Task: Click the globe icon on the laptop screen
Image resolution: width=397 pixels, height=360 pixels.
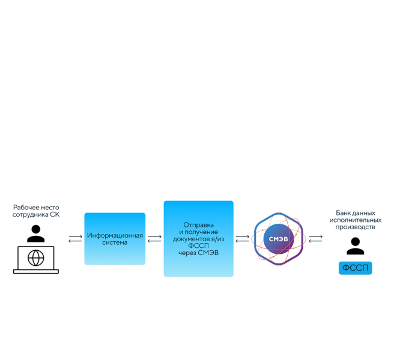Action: tap(36, 258)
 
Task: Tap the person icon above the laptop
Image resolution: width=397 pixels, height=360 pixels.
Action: tap(36, 232)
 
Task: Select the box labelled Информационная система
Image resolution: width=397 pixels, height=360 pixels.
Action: tap(115, 239)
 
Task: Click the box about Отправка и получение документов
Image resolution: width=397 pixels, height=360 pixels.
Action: tap(198, 239)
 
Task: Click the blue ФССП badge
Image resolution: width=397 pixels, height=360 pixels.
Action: tap(355, 268)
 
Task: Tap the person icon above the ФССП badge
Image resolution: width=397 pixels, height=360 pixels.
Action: tap(355, 246)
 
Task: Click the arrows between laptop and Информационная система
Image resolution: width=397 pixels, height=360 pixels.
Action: tap(75, 239)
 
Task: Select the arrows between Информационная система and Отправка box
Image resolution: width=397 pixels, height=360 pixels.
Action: tap(154, 239)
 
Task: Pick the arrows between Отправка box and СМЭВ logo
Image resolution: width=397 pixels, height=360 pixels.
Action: tap(243, 239)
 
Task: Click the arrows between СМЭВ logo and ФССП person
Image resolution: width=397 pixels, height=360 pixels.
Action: tap(315, 239)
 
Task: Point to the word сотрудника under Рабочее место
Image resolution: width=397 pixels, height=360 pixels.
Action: tap(31, 215)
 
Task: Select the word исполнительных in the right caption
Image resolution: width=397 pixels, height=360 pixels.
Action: tap(355, 220)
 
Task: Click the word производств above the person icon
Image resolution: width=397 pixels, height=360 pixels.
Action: tap(355, 228)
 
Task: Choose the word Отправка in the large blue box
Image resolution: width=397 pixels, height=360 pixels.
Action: tap(198, 225)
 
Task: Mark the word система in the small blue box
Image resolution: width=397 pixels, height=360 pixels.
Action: tap(115, 243)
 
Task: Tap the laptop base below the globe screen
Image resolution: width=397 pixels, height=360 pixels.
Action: tap(36, 272)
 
